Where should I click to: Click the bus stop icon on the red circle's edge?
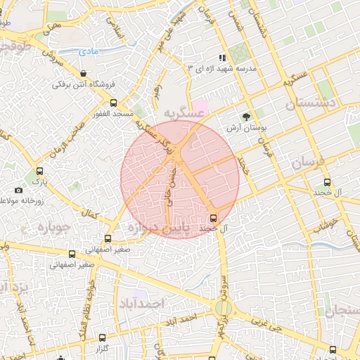tap(214, 217)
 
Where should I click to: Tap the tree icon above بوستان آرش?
tap(246, 117)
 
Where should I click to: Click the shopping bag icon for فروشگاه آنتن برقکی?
tap(84, 73)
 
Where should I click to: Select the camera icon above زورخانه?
tap(18, 191)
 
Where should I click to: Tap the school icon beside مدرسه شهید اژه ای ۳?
tap(223, 58)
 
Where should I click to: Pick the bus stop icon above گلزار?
tap(103, 338)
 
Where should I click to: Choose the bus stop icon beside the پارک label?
tap(40, 171)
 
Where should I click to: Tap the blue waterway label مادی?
tap(88, 51)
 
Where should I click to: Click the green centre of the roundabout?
tap(224, 307)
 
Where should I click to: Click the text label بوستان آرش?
tap(243, 129)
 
